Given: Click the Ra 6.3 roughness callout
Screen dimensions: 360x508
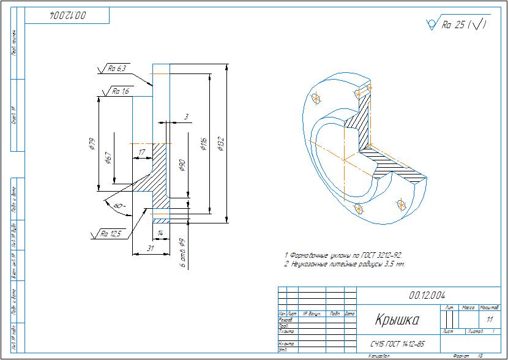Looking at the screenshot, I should point(116,69).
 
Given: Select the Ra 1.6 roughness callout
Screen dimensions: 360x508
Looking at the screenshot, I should point(121,91).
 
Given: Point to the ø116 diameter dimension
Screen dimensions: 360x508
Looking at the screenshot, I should point(203,144).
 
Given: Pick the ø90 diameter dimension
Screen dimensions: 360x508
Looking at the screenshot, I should point(182,165).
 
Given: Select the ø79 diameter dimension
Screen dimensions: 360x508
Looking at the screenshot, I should point(92,144).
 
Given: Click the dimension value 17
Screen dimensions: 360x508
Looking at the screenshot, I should point(141,152).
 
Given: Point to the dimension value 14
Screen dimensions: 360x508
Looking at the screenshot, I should point(160,233).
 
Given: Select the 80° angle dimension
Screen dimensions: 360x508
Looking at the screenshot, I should point(119,206).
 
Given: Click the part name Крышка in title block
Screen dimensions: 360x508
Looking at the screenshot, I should point(396,320).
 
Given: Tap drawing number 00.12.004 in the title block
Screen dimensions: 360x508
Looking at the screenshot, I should point(428,295).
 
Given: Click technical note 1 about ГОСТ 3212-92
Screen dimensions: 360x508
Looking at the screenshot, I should point(343,255).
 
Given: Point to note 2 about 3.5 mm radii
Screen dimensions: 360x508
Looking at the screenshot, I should point(345,264).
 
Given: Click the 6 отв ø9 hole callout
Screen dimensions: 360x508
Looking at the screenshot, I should point(182,252).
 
